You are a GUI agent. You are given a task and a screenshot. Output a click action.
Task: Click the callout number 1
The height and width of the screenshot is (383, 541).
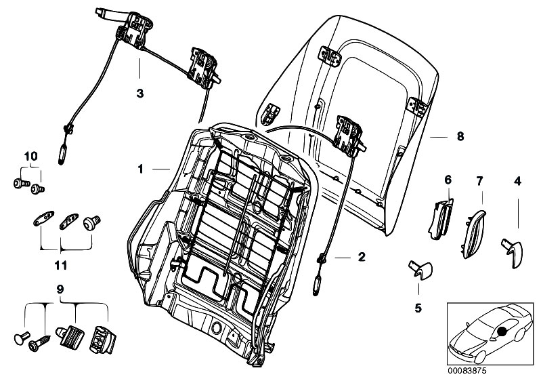click(x=140, y=169)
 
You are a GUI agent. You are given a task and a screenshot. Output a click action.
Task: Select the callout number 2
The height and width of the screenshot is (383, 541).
click(x=362, y=257)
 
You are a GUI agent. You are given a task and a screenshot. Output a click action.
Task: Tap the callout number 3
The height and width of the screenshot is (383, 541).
click(x=139, y=93)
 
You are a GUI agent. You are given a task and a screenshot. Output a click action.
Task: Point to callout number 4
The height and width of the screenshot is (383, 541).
click(x=517, y=181)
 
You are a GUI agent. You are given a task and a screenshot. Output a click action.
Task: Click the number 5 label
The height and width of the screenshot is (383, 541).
click(x=418, y=308)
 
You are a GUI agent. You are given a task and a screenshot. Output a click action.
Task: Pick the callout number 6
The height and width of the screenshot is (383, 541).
click(x=448, y=180)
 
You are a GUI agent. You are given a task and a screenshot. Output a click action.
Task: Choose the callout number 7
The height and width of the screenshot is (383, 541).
click(x=479, y=180)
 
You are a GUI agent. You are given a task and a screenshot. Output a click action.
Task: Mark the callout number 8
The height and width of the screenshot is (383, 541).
click(x=460, y=136)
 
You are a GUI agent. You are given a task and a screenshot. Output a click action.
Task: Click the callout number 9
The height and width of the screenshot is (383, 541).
click(x=60, y=289)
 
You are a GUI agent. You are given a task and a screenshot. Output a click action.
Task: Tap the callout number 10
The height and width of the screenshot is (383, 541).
click(x=30, y=156)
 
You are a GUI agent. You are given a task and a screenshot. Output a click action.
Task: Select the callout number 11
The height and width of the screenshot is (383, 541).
click(x=61, y=265)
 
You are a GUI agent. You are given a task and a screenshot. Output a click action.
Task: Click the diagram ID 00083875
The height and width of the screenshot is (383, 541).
click(x=467, y=371)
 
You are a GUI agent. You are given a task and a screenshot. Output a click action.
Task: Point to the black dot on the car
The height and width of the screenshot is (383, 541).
click(x=501, y=331)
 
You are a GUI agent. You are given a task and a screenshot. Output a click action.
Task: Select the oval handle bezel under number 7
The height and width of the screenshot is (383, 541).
click(x=473, y=235)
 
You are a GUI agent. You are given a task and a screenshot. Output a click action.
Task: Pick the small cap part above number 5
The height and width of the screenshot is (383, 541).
click(x=420, y=270)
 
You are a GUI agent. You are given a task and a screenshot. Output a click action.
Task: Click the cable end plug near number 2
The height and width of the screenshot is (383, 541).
click(x=316, y=285)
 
